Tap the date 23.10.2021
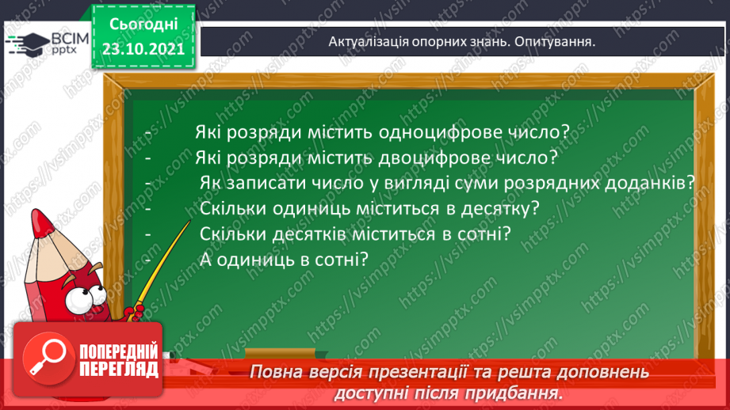[x=143, y=47]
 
